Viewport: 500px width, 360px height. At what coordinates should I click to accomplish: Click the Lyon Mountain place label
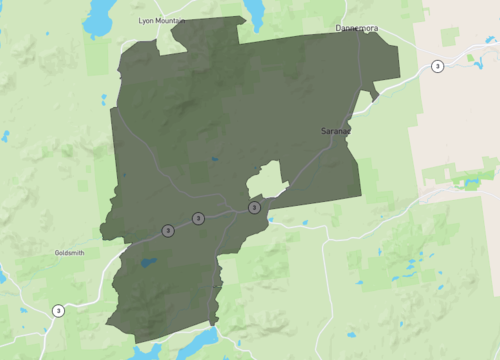tap(160, 20)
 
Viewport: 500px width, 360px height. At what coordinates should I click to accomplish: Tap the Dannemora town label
tap(358, 28)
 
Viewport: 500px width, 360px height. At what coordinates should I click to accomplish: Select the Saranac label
tap(335, 131)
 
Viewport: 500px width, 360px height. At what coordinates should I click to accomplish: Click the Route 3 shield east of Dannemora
tap(437, 66)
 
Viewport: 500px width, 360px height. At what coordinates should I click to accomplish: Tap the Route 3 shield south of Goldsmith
tap(59, 310)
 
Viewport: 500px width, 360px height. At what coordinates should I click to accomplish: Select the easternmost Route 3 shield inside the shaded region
tap(254, 207)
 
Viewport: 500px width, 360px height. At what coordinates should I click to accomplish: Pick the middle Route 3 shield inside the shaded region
tap(198, 218)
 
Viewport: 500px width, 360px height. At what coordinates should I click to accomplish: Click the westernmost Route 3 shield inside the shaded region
tap(167, 230)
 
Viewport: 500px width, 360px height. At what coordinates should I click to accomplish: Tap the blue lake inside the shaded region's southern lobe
tap(148, 263)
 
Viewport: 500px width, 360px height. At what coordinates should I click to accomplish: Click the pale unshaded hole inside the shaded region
tap(265, 180)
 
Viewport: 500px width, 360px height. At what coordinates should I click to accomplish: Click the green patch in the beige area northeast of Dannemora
tap(450, 37)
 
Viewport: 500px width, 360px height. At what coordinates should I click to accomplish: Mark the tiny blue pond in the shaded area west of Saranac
tap(213, 159)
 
